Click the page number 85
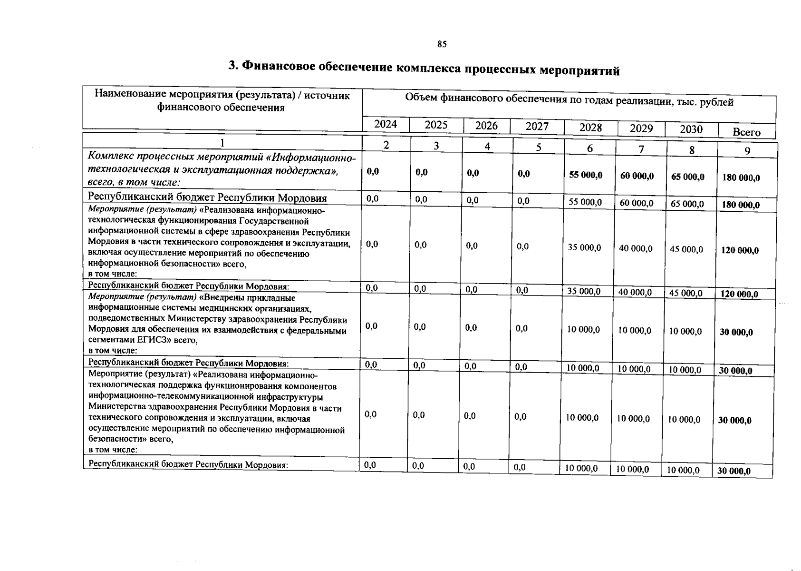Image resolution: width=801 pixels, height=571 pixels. (442, 44)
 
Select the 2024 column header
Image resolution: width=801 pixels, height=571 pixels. (385, 124)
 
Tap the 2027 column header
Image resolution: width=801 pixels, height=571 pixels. (537, 126)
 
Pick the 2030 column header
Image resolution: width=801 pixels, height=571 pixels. (691, 129)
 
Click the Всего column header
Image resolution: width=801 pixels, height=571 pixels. (746, 132)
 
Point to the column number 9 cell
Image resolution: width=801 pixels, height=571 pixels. (747, 151)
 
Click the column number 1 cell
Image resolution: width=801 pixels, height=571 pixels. (222, 143)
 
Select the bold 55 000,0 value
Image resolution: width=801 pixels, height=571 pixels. (586, 175)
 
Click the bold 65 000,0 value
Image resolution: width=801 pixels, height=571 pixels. (688, 177)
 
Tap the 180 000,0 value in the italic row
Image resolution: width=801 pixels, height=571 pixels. (741, 178)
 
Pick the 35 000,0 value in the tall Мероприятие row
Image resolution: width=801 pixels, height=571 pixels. (584, 247)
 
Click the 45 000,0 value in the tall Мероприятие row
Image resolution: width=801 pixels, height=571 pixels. (686, 249)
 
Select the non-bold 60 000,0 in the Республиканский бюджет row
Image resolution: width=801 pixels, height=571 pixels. (637, 203)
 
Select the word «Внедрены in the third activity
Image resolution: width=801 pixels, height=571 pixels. (217, 298)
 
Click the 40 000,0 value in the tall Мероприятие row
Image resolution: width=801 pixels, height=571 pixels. (636, 248)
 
